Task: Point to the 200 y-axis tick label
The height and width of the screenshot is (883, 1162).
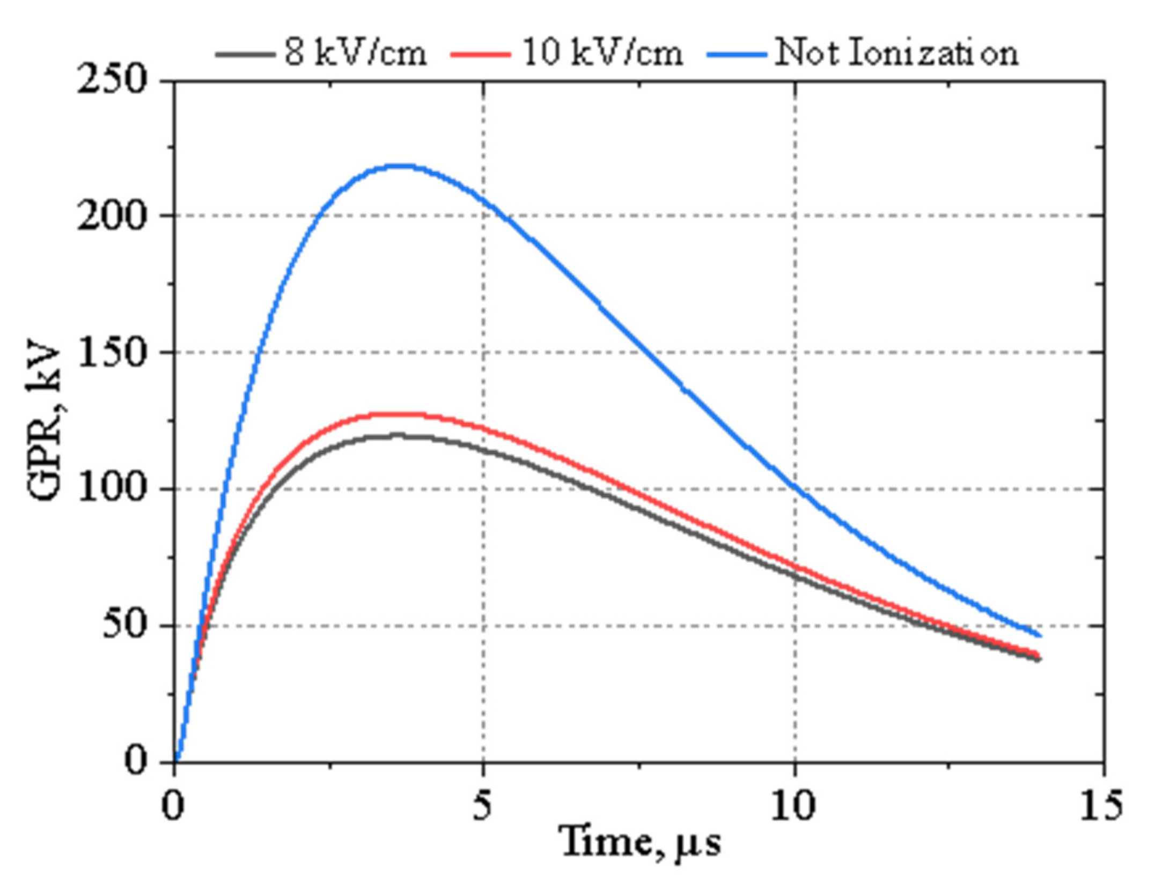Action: pos(112,217)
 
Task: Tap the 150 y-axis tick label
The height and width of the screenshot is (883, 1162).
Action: pos(112,353)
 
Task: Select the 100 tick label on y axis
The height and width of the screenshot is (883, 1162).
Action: pos(112,488)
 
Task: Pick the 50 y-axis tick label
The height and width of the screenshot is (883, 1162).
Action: pos(124,625)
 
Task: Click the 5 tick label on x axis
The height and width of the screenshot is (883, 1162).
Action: pos(482,805)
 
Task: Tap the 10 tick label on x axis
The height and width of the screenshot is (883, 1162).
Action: pos(792,805)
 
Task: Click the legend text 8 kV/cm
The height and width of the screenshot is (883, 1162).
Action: pos(356,53)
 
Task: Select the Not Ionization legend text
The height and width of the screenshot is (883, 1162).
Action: pos(896,53)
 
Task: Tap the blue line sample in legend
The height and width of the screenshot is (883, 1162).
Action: pos(737,54)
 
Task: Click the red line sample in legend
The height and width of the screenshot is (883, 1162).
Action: pos(480,54)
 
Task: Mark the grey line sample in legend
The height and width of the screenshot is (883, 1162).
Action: pos(244,54)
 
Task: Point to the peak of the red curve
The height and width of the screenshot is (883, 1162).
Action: pos(400,414)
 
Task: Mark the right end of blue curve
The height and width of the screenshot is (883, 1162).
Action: pos(1040,635)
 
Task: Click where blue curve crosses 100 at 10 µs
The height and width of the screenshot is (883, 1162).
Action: pos(795,488)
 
